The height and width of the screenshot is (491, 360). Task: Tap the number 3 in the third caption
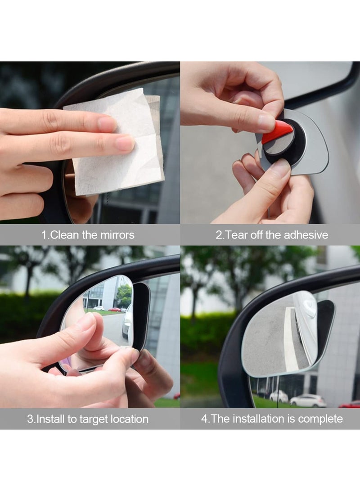pyautogui.click(x=30, y=419)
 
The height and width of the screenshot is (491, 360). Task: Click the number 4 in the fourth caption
pyautogui.click(x=204, y=419)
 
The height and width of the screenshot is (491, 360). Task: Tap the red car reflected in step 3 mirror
pyautogui.click(x=114, y=310)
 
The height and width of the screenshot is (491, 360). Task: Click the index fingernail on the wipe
pyautogui.click(x=124, y=143)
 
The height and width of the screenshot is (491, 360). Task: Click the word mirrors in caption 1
pyautogui.click(x=117, y=235)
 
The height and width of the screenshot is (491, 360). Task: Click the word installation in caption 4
pyautogui.click(x=261, y=419)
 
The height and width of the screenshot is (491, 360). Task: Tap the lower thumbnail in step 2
pyautogui.click(x=279, y=169)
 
